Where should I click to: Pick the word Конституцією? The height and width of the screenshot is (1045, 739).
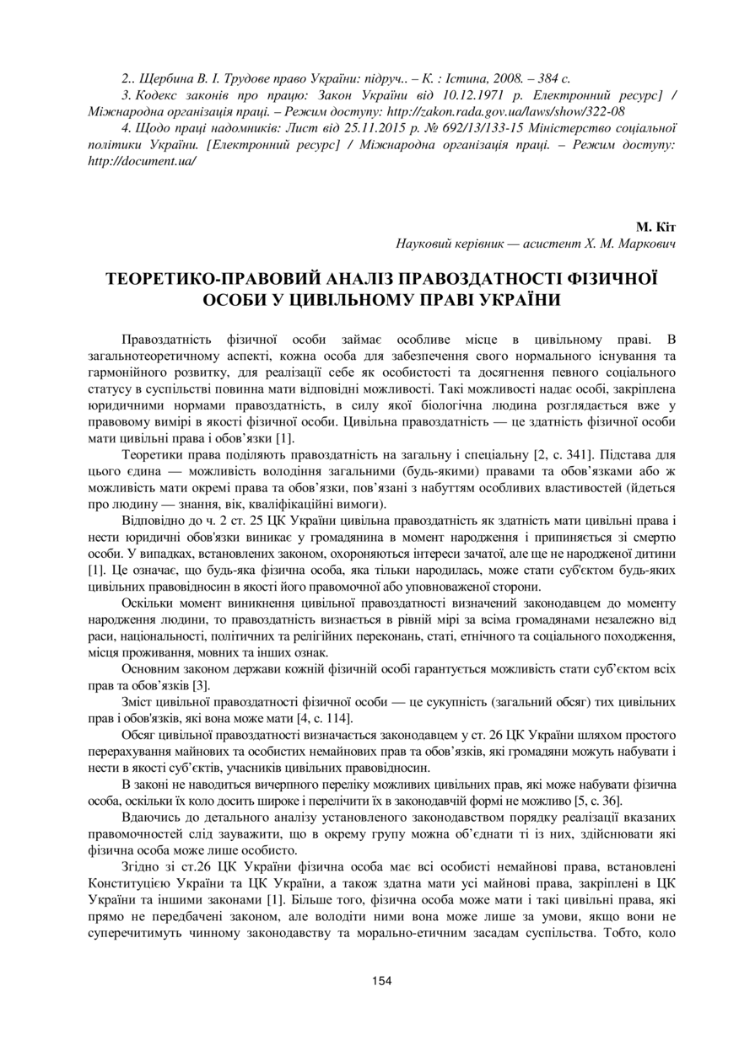[127, 882]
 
